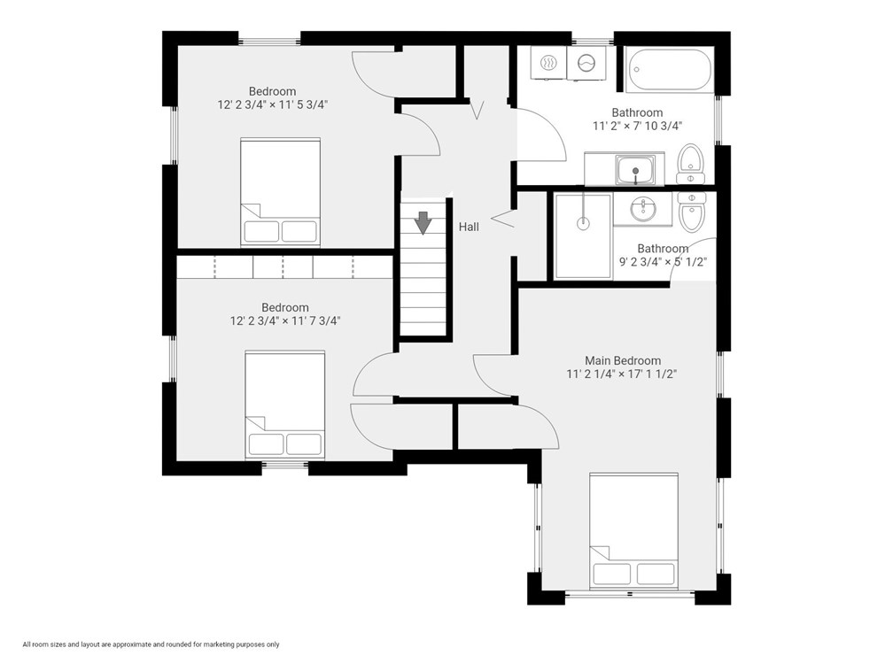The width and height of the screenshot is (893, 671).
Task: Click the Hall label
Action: click(x=469, y=228)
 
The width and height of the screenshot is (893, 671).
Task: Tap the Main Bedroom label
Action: click(x=623, y=360)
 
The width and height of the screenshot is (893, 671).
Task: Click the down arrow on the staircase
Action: click(x=423, y=222)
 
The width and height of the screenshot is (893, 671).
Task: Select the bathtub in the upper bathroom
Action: click(x=669, y=70)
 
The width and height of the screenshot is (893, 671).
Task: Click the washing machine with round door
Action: click(x=586, y=63)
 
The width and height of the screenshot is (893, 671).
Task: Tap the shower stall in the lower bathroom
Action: click(x=583, y=236)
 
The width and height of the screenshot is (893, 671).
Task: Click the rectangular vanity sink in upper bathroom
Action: click(x=635, y=168)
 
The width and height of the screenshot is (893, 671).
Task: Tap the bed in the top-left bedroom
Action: click(x=280, y=191)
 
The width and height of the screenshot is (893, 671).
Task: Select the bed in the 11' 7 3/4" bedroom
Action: click(x=285, y=405)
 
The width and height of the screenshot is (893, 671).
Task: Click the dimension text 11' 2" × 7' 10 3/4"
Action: click(x=637, y=126)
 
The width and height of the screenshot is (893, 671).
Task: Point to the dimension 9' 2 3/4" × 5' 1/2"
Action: click(x=663, y=262)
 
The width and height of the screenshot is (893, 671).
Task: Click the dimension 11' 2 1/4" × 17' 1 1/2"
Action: click(x=623, y=374)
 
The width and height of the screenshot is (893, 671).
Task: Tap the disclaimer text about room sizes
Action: click(x=151, y=644)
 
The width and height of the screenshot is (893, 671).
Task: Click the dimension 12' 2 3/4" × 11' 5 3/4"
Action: click(x=272, y=104)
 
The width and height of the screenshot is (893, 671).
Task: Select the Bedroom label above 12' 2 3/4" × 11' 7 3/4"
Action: click(x=284, y=308)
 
